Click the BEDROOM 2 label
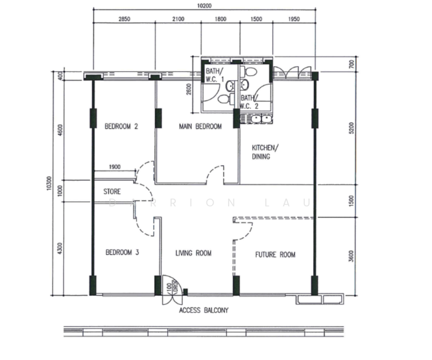coord(122,127)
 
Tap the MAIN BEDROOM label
coord(200,127)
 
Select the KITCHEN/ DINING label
coord(265,152)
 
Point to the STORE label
coord(112,192)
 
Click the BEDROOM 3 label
coord(122,253)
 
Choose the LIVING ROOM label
coord(193,253)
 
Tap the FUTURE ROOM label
coord(275,254)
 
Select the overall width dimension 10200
coord(204,5)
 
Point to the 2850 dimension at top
coord(124,19)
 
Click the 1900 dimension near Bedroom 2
coord(115,167)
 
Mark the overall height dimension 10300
coord(47,187)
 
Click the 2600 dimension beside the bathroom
coord(189,91)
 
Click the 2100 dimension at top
coord(178,19)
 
